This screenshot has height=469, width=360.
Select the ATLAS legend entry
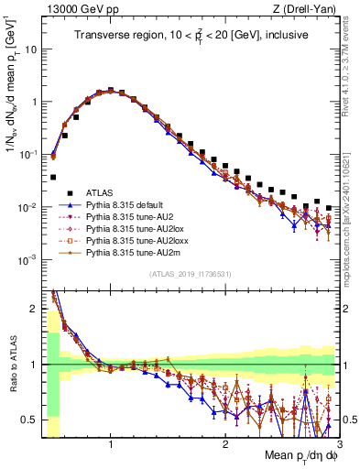[102, 192]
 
